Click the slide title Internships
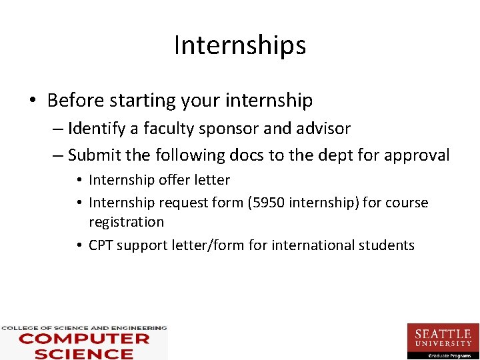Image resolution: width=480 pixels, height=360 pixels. [240, 45]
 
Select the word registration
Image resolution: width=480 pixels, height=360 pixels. [126, 222]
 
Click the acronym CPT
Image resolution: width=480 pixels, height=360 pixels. [101, 245]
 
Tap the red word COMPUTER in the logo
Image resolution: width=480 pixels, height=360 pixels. [84, 339]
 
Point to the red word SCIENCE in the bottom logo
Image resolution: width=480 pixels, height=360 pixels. [84, 353]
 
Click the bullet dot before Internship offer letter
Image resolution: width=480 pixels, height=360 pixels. [79, 181]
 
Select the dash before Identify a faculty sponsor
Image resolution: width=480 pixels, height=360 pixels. [57, 129]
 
